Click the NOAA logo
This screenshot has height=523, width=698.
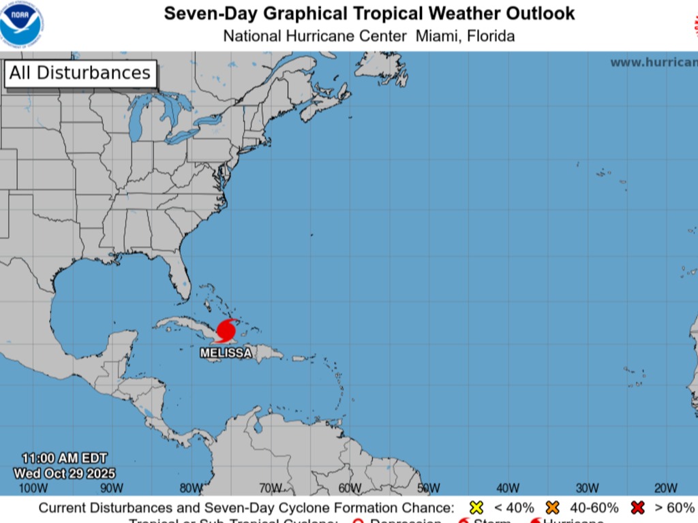(21, 24)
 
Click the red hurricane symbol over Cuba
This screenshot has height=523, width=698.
(226, 332)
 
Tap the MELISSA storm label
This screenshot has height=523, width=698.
(226, 353)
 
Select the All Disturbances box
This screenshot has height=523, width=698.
(80, 74)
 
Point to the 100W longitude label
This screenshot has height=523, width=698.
(33, 488)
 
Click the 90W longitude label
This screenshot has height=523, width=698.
(112, 488)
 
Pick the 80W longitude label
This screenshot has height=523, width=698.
(191, 488)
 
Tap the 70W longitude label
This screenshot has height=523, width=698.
(270, 488)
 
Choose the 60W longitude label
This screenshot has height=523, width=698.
(349, 488)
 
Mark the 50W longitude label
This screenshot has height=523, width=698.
(428, 488)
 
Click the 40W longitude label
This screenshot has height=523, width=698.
(508, 488)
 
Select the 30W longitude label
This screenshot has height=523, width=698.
(587, 488)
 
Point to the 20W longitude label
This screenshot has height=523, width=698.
(666, 488)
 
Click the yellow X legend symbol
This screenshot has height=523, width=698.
(476, 508)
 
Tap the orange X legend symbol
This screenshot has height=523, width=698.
(552, 508)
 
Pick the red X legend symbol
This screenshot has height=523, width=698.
(637, 508)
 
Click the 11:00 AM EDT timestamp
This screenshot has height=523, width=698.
(64, 458)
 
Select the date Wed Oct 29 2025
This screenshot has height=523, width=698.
(65, 473)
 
